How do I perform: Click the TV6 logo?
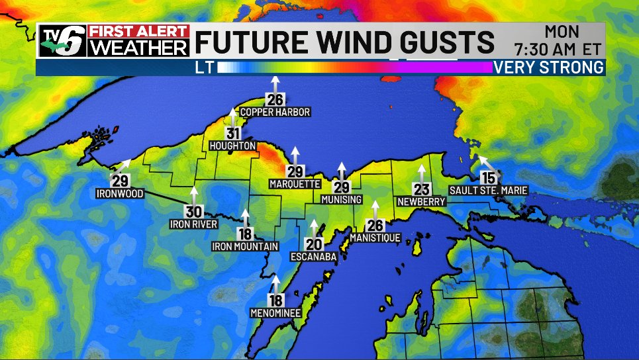[62, 40]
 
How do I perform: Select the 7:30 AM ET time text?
[558, 48]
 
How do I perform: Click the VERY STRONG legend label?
[549, 67]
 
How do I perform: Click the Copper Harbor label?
[275, 112]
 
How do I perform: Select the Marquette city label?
[295, 183]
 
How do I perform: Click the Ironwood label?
[119, 194]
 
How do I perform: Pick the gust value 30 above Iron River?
[193, 212]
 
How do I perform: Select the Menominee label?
[275, 312]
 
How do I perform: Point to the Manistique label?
[375, 237]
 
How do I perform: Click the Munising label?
[342, 199]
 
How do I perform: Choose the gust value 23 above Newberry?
[420, 189]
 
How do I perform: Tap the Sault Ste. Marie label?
[488, 191]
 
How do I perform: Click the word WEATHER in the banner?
[139, 48]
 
